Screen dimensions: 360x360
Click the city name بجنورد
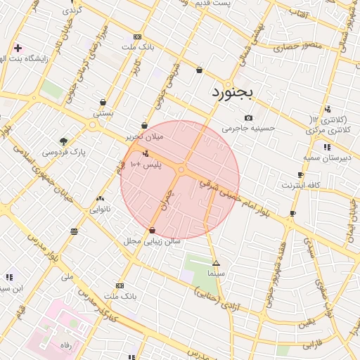tap(236, 93)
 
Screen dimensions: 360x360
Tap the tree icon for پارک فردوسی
tap(64, 141)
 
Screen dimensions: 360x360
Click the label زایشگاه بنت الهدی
tap(44, 59)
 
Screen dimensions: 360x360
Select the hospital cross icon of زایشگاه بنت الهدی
tap(18, 49)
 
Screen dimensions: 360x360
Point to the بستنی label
tap(103, 112)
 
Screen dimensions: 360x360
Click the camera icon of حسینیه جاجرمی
tap(248, 117)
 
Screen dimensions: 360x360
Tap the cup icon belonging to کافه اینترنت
tap(300, 175)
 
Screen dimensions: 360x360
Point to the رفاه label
tap(67, 345)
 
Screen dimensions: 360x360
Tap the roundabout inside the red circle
tap(181, 169)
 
